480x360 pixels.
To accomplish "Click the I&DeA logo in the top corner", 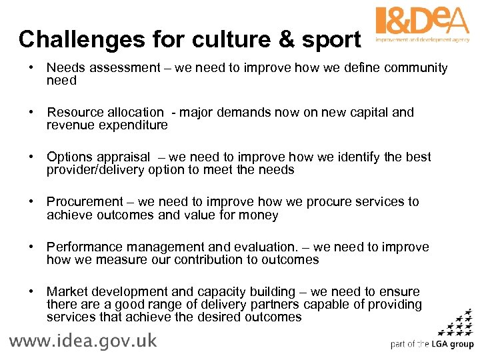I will coord(422,25).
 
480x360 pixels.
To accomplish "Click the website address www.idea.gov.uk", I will coord(83,341).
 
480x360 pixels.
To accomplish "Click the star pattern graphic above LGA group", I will coord(457,323).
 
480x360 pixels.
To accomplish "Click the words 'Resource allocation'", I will coord(105,113).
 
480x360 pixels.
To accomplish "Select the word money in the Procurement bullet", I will coord(259,215).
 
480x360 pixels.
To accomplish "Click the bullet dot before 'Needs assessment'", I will coord(31,68).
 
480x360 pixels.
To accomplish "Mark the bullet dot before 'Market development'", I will coord(31,291).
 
